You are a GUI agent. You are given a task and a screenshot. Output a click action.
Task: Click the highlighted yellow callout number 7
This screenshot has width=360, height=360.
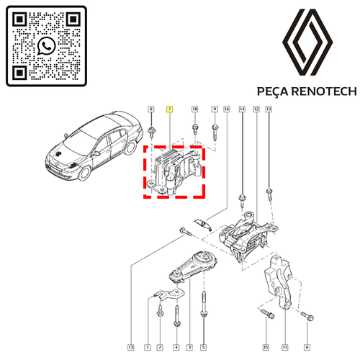click(x=170, y=109)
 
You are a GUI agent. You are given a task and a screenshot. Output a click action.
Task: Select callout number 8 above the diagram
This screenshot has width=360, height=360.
click(x=151, y=109)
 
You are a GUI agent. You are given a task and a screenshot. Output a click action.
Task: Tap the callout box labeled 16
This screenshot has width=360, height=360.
click(x=227, y=109)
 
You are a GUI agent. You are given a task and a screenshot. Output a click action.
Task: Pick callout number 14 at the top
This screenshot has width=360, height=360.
click(x=243, y=109)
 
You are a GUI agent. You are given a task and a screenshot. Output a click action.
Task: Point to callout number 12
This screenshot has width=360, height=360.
click(x=256, y=109)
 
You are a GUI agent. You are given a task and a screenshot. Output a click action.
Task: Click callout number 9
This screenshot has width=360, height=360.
click(x=215, y=109)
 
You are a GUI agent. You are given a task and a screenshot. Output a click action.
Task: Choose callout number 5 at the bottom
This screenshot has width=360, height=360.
click(x=203, y=347)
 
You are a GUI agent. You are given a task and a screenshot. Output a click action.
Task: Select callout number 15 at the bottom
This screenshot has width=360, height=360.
click(x=266, y=347)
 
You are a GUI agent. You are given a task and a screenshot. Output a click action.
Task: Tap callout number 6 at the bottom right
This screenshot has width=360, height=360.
click(x=307, y=347)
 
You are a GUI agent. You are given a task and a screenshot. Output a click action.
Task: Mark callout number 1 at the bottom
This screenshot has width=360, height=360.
click(x=148, y=347)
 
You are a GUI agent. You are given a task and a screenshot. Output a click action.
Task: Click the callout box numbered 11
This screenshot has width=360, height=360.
click(x=285, y=347)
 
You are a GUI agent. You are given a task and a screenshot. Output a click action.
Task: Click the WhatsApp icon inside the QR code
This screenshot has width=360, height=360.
click(x=47, y=46)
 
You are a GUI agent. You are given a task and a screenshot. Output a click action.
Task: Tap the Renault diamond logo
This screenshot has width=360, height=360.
click(x=307, y=42)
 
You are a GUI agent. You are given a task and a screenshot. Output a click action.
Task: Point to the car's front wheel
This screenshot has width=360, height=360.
click(x=84, y=174)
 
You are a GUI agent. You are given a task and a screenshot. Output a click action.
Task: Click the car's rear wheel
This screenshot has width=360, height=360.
click(x=130, y=148)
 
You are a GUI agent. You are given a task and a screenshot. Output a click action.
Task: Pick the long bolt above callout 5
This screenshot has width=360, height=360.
click(x=204, y=305)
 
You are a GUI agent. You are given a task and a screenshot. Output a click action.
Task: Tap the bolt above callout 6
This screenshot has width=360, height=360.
click(x=307, y=316)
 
